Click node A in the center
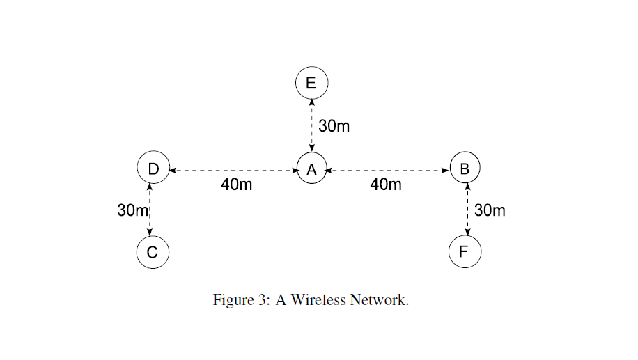pos(311,169)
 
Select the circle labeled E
pos(311,83)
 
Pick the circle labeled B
pos(465,168)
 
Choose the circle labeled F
pos(465,252)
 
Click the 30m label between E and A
pos(334,126)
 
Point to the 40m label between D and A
pos(237,185)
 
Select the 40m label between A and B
pos(386,185)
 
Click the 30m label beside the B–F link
pos(490,210)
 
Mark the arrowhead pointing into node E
pos(311,102)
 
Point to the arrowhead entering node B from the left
pos(446,169)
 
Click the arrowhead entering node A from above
pos(311,150)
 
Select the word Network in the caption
pos(379,300)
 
